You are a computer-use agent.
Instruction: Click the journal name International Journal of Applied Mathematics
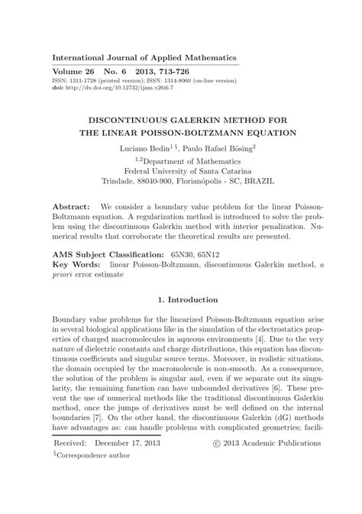pos(144,58)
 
